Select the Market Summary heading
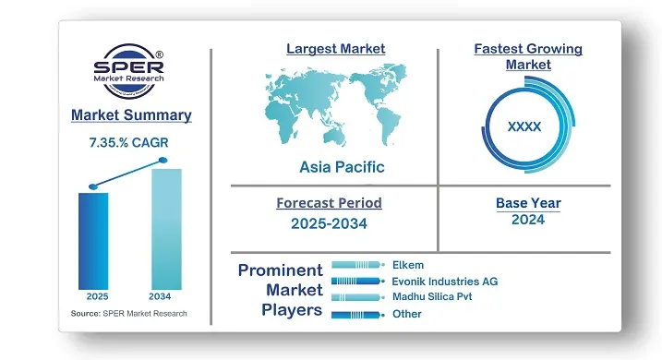point(131,115)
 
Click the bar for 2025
point(93,240)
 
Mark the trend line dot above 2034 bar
point(164,161)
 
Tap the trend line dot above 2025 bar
point(92,186)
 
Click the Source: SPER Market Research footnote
point(128,314)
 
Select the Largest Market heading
point(335,48)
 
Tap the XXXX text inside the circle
point(524,126)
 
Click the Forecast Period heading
point(329,202)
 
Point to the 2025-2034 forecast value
point(329,223)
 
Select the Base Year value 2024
point(528,220)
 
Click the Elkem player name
point(408,265)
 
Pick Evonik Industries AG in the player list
point(444,281)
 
